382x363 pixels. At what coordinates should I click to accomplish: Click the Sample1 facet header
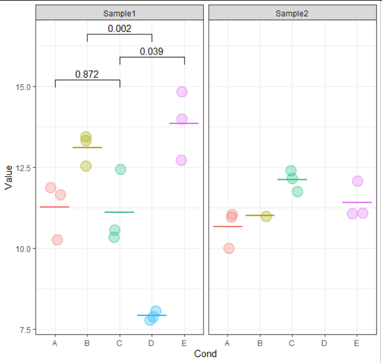point(119,13)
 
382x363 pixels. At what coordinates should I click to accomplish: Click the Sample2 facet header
point(292,13)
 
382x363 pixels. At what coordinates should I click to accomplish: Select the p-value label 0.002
point(119,28)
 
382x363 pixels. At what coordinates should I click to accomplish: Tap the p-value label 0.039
point(151,52)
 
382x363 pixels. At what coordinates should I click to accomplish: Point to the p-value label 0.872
point(87,74)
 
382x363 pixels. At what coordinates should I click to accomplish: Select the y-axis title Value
point(8,177)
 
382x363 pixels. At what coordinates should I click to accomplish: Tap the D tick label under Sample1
point(151,342)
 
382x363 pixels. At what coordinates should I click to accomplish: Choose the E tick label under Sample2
point(356,342)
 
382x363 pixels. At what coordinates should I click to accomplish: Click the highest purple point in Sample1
point(182,91)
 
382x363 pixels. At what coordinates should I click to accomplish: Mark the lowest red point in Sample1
point(57,240)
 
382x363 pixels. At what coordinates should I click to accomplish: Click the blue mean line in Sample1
point(152,316)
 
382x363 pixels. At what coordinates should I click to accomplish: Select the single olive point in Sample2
point(266,216)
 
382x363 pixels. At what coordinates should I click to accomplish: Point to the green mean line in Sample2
point(292,179)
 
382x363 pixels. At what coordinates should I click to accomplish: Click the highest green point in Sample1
point(120,169)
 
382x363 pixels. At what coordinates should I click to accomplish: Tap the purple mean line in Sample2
point(356,202)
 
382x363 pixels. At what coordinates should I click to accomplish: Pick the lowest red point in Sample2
point(228,248)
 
